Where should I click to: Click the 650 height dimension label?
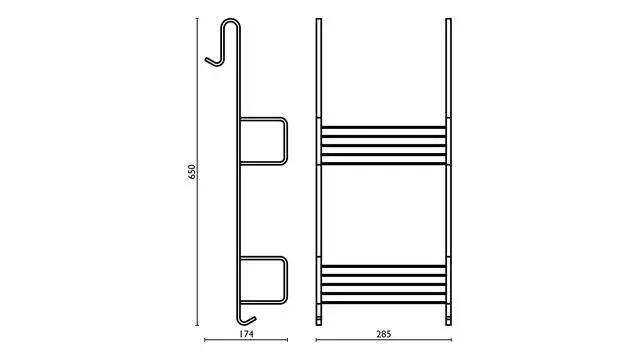192,172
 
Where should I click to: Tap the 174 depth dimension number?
246,334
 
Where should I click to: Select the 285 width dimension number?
384,334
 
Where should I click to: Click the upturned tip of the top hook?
207,60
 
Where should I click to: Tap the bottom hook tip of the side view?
254,318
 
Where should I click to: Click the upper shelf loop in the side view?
285,141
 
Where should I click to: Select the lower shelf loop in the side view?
285,280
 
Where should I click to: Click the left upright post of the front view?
319,172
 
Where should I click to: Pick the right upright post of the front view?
448,172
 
